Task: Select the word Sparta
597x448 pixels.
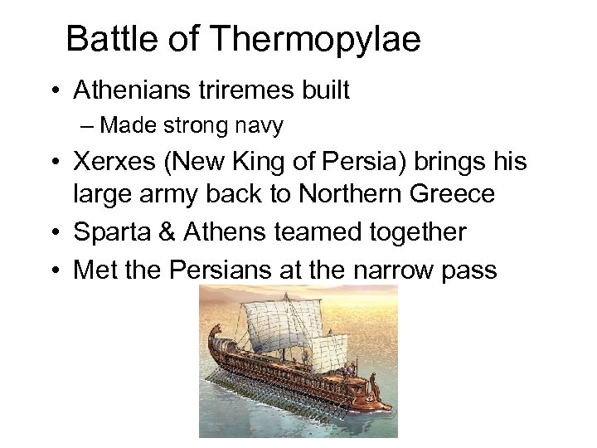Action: [x=109, y=232]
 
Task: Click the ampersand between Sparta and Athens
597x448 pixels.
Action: [x=163, y=232]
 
